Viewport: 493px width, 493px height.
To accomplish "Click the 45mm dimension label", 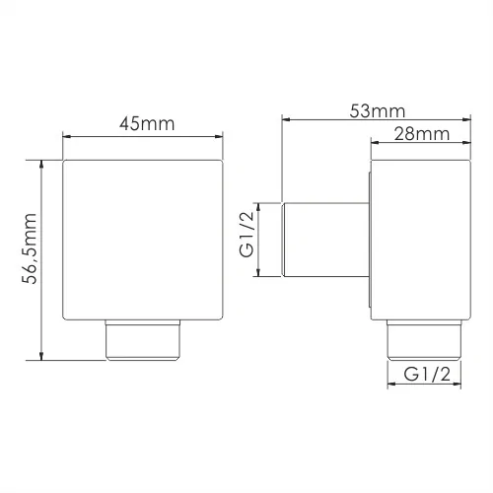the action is [147, 124].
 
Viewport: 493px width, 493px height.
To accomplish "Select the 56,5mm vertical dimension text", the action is [30, 248].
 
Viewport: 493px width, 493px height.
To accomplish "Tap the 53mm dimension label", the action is [378, 111].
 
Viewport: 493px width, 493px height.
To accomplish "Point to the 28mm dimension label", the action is [422, 134].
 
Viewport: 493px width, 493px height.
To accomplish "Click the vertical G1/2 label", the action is [246, 234].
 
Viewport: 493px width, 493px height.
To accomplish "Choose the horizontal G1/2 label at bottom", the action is [427, 374].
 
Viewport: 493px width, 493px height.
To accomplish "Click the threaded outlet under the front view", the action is [143, 340].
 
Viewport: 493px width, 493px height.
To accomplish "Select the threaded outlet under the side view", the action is [424, 340].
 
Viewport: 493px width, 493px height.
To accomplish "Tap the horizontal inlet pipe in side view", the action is [325, 240].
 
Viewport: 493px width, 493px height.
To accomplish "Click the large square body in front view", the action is [143, 240].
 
